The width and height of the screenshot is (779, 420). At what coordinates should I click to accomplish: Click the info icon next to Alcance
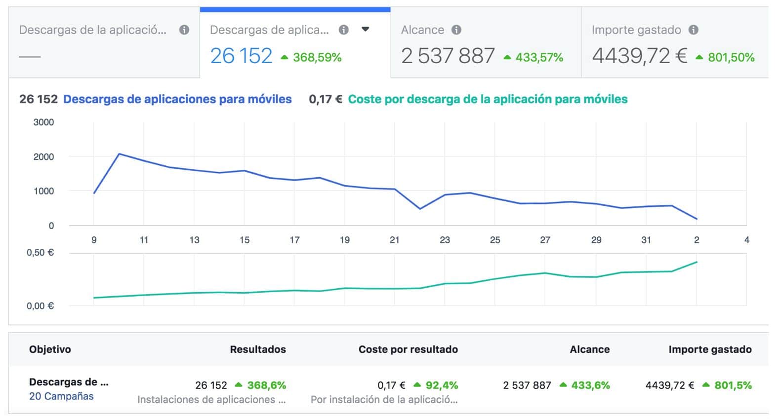[x=456, y=30]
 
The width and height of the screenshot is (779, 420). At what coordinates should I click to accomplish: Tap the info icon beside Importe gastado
[x=694, y=30]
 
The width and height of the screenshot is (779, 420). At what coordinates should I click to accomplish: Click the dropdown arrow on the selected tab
[x=365, y=29]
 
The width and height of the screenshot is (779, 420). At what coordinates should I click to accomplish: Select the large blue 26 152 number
[x=241, y=56]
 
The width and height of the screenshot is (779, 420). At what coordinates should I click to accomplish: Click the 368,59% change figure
[x=317, y=57]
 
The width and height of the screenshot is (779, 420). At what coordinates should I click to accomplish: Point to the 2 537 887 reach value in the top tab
[x=448, y=56]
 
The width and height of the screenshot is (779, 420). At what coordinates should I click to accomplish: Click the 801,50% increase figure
[x=731, y=57]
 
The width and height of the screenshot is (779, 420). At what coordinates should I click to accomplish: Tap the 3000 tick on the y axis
[x=43, y=122]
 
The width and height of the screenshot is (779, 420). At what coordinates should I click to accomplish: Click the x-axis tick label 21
[x=394, y=240]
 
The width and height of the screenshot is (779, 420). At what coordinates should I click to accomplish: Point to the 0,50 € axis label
[x=41, y=253]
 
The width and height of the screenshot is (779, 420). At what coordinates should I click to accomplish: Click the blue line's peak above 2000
[x=119, y=153]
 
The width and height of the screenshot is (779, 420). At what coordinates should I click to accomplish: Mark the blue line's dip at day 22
[x=420, y=209]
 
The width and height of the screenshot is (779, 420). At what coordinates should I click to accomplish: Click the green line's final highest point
[x=697, y=262]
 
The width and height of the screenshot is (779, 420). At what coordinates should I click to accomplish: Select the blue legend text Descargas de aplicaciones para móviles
[x=177, y=99]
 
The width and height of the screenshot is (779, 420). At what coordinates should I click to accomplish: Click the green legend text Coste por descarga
[x=488, y=99]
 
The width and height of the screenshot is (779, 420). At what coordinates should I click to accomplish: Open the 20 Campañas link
[x=61, y=396]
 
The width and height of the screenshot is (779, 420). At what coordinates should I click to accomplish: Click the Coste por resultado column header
[x=408, y=349]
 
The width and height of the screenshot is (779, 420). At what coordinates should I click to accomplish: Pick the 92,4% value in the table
[x=442, y=385]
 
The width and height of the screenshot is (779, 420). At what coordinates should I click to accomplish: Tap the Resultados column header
[x=258, y=349]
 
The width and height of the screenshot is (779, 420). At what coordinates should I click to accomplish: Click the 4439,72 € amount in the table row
[x=670, y=385]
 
